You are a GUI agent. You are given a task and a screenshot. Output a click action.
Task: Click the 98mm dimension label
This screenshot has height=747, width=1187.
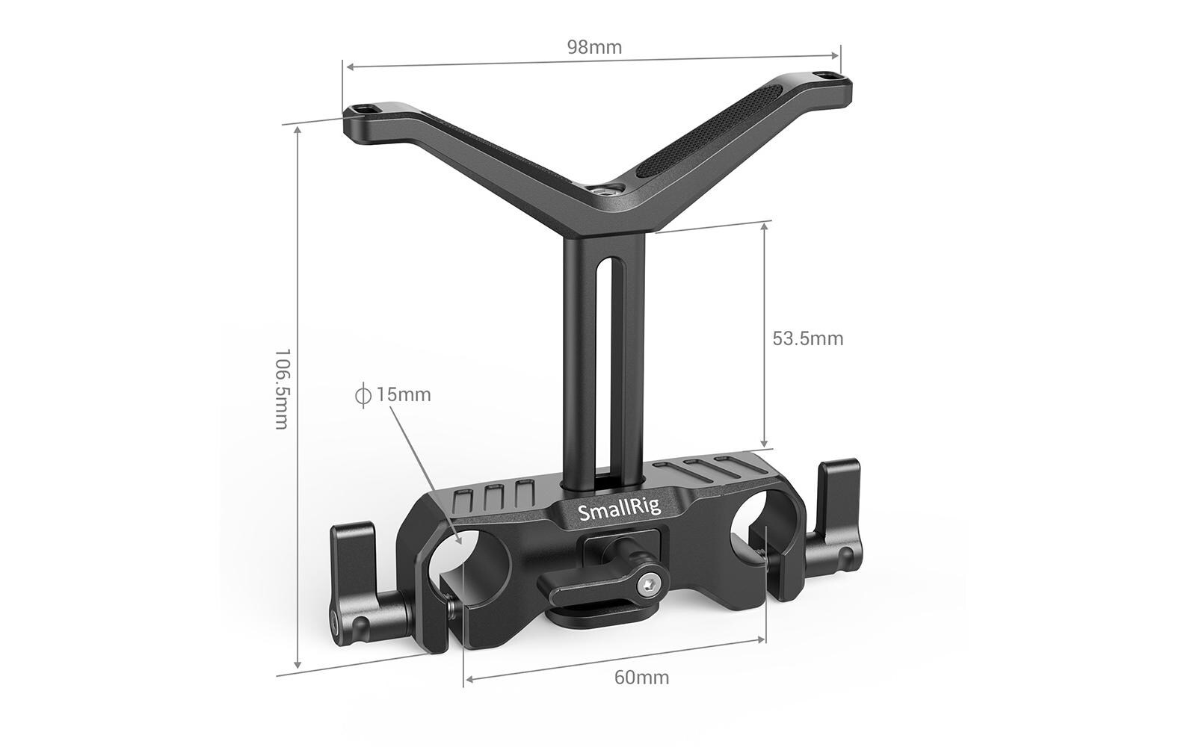click(x=594, y=48)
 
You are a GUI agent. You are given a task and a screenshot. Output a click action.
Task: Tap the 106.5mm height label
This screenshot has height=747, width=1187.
click(x=281, y=388)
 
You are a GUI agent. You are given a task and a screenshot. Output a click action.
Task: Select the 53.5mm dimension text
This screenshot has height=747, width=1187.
click(x=807, y=338)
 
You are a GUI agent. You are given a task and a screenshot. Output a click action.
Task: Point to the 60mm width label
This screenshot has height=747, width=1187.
click(x=641, y=678)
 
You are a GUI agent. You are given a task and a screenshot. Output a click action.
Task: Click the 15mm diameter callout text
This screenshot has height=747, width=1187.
click(x=403, y=394)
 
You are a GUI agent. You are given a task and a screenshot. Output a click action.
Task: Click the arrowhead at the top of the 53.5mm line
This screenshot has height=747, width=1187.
click(x=764, y=226)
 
